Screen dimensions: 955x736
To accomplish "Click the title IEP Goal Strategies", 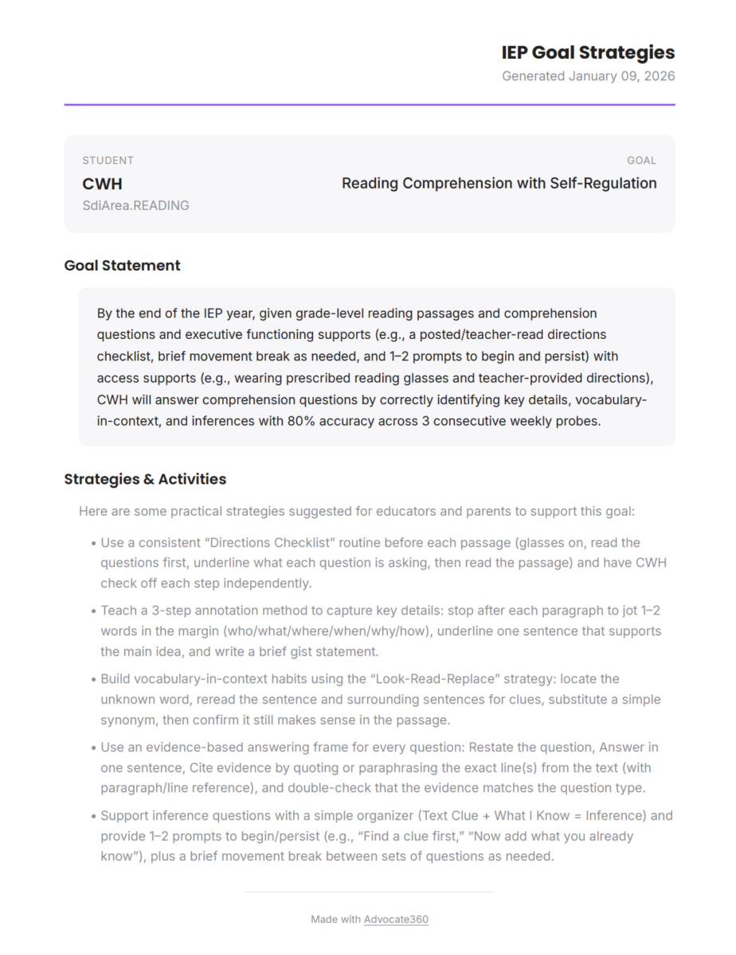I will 588,53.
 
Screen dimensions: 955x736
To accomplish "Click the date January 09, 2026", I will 621,76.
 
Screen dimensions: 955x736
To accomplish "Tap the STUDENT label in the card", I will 108,160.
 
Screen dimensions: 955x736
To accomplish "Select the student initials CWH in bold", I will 102,184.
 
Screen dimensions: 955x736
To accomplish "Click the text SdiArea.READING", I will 135,205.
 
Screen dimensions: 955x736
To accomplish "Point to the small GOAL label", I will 641,160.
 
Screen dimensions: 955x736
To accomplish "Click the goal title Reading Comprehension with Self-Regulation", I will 499,183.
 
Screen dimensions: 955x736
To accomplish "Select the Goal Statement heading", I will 122,266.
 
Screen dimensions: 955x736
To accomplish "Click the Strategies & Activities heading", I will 145,479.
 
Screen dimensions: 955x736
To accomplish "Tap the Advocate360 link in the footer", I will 396,919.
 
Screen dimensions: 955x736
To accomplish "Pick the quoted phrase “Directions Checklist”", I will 270,543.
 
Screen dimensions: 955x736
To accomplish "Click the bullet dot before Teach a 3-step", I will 93,611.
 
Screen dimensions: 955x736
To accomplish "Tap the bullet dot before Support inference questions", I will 93,817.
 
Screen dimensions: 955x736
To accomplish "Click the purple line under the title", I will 370,104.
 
